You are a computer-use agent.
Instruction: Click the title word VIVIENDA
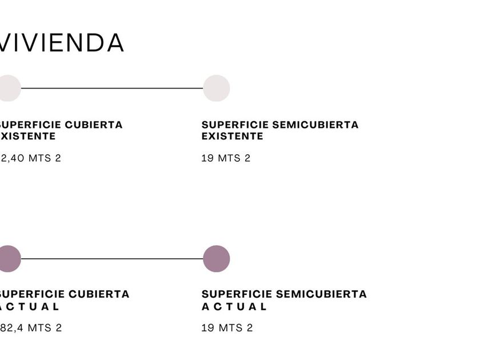coord(62,43)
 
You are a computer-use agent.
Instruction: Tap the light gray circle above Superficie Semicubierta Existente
coord(217,88)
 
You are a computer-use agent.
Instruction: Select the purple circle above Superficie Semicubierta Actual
coord(217,259)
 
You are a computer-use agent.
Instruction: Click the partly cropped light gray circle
coord(9,88)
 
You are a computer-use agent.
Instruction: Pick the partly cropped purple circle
coord(9,259)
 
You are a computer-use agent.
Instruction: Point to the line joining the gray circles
coord(112,88)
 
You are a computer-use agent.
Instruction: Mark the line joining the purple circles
coord(112,259)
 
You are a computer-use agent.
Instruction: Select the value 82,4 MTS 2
coord(31,328)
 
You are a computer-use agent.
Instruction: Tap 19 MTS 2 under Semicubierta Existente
coord(226,158)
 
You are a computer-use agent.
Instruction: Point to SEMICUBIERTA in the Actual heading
coord(325,294)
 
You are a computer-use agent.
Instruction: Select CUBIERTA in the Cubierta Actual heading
coord(99,294)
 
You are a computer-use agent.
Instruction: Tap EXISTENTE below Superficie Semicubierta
coord(232,136)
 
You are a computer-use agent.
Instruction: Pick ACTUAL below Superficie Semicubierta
coord(234,306)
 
